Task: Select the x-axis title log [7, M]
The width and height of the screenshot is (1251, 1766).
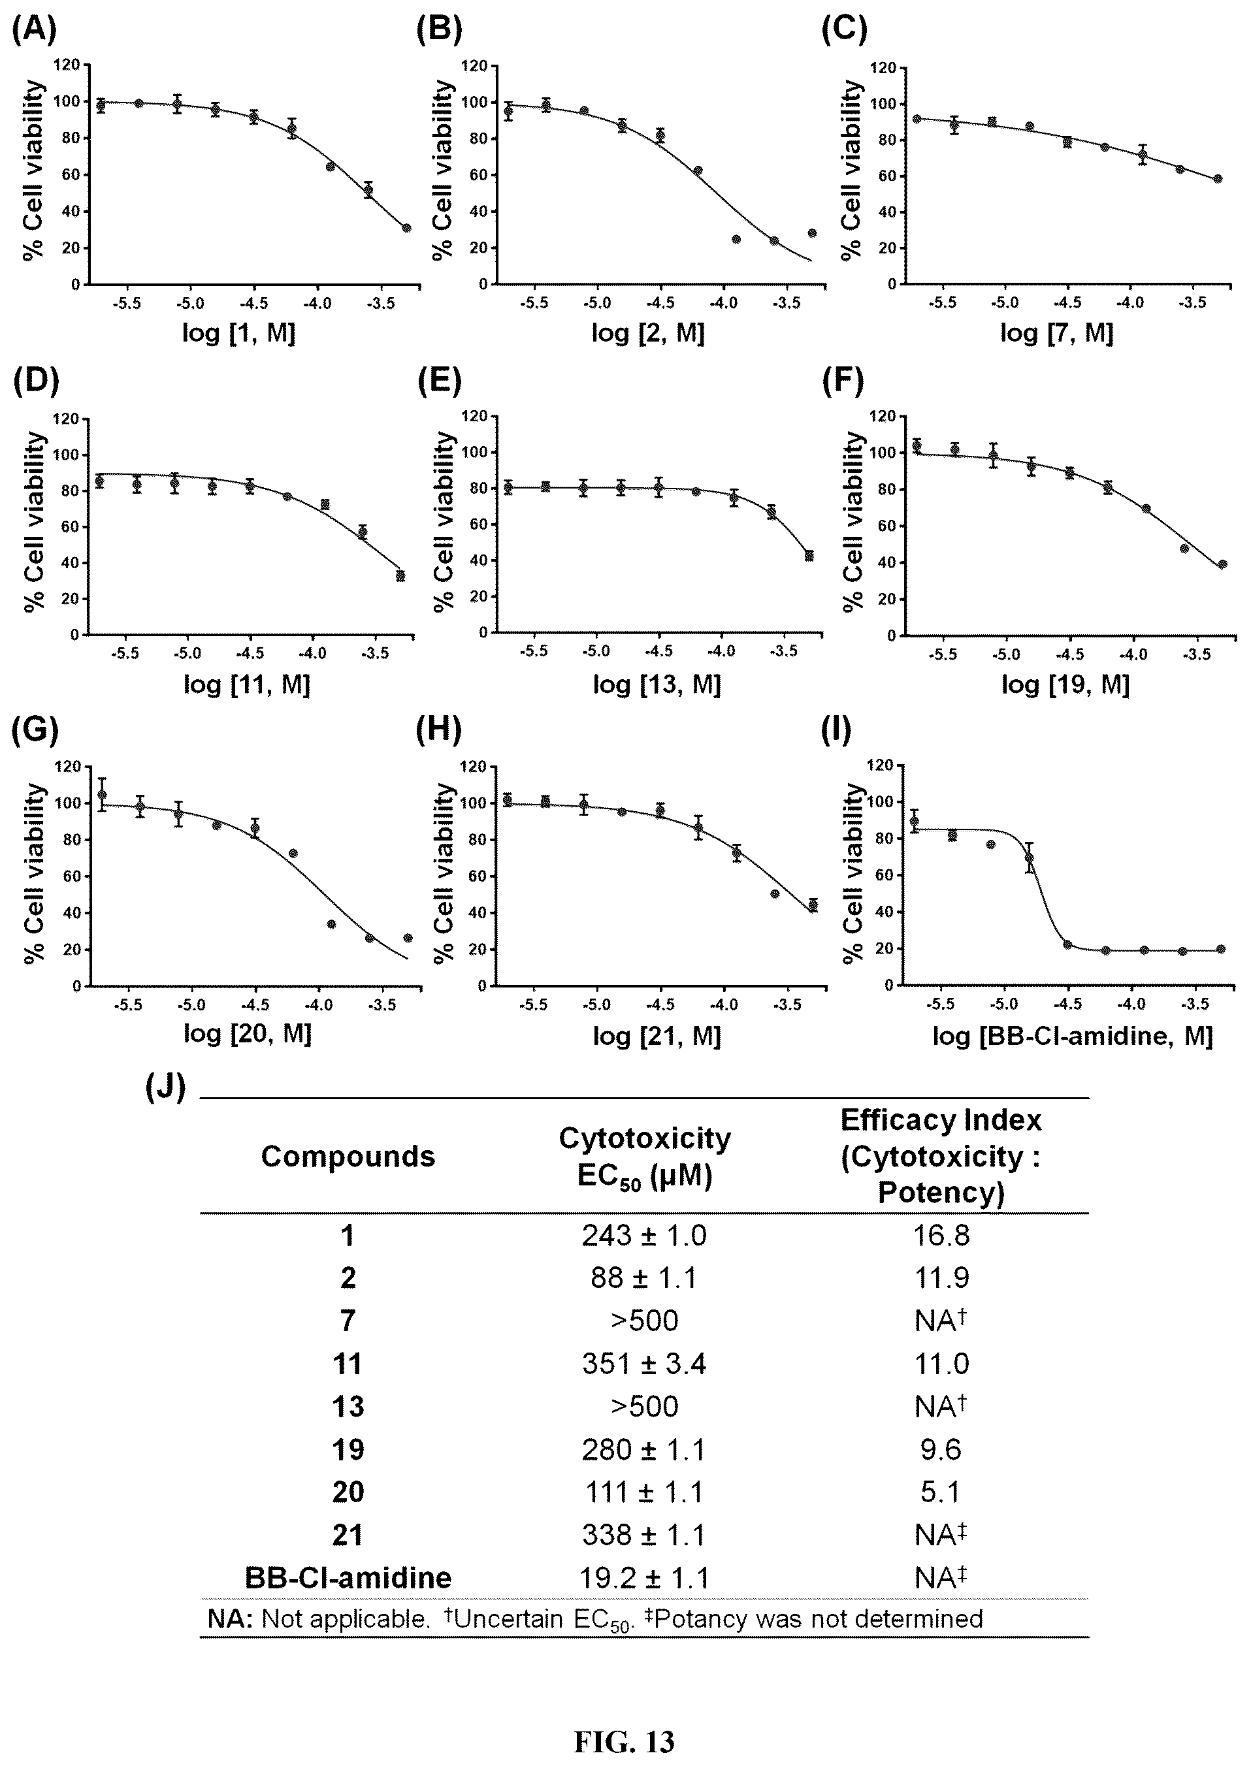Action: [x=1057, y=332]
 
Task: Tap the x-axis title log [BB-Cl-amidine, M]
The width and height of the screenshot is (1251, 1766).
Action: [x=1072, y=1035]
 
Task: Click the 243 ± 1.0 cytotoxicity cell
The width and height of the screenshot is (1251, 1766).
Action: [x=644, y=1236]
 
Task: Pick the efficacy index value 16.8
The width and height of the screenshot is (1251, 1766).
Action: [x=941, y=1236]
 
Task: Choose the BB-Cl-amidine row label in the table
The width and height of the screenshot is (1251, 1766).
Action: [x=348, y=1577]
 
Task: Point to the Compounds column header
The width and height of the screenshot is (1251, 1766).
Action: [x=348, y=1156]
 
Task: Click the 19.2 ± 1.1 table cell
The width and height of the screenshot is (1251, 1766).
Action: [x=644, y=1577]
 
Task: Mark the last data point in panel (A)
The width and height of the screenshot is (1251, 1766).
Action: [x=406, y=228]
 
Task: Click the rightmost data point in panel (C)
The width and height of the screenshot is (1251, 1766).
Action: [x=1217, y=179]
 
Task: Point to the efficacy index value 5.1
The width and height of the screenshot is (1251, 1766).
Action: [x=941, y=1492]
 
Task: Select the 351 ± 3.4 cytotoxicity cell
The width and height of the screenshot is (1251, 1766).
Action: [x=644, y=1364]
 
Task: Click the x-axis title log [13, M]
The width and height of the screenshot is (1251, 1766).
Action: [x=657, y=684]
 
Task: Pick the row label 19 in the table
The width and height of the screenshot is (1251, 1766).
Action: [x=348, y=1449]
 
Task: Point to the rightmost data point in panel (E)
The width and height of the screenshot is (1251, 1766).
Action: [x=809, y=556]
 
